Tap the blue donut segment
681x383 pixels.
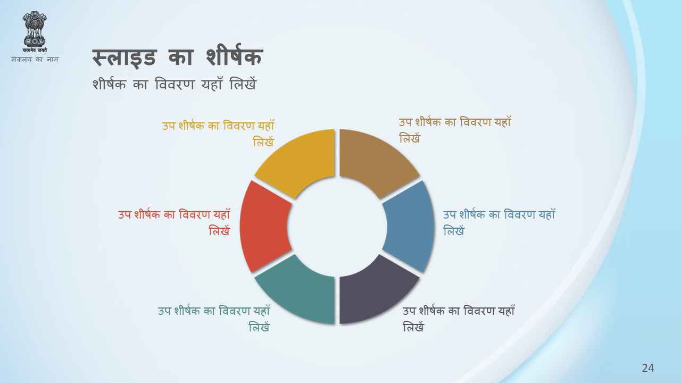(410, 227)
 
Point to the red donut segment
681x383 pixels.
(264, 227)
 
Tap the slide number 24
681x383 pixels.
(648, 368)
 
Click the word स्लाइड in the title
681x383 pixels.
(124, 58)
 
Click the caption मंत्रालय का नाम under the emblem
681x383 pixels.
(35, 59)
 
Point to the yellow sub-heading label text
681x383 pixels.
(218, 134)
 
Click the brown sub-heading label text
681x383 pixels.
(455, 130)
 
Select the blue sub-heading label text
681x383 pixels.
(499, 223)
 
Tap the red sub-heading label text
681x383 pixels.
(174, 223)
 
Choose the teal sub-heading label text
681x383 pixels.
(214, 319)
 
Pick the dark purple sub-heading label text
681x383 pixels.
(459, 319)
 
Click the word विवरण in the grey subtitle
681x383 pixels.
(175, 84)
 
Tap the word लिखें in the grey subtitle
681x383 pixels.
(243, 84)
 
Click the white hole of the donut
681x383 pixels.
(337, 227)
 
